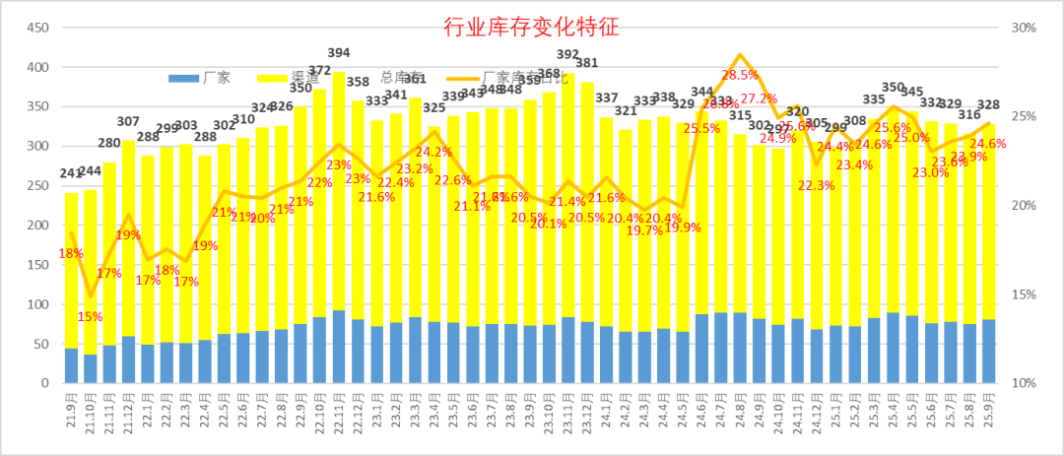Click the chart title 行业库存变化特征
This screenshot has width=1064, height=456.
531,26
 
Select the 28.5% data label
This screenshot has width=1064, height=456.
740,75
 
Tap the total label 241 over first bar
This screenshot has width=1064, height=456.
72,174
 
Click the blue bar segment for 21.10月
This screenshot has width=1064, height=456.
91,368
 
